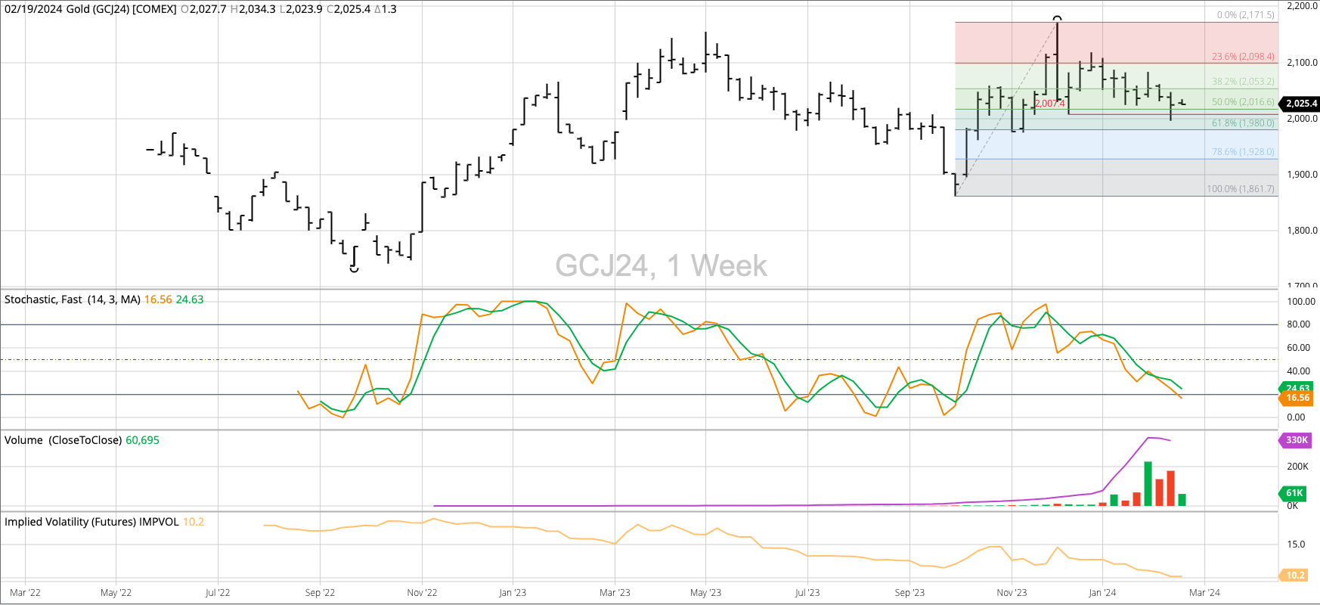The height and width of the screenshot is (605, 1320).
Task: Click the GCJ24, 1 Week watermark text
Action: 661,265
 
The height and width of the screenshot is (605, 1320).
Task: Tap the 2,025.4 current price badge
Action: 1301,104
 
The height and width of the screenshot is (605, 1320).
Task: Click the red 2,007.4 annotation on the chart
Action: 1049,104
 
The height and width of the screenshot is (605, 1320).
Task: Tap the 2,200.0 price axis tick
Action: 1302,6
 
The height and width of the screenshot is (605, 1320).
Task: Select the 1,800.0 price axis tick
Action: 1302,231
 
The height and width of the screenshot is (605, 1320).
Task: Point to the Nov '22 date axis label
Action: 422,593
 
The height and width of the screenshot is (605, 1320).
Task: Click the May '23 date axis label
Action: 705,593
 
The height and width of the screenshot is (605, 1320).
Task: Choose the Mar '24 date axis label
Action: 1204,593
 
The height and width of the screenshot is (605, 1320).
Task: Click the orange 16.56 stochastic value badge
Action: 1297,398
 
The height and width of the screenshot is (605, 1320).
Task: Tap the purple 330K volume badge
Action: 1297,440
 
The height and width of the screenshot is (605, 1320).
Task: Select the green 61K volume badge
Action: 1294,493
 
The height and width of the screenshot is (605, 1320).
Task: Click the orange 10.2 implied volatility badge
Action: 1295,576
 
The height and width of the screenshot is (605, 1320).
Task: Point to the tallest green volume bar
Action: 1148,484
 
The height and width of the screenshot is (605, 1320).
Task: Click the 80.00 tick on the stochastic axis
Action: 1301,324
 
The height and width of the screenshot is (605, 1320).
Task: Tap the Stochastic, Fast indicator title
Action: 73,299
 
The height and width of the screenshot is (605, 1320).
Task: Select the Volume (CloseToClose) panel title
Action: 64,440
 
